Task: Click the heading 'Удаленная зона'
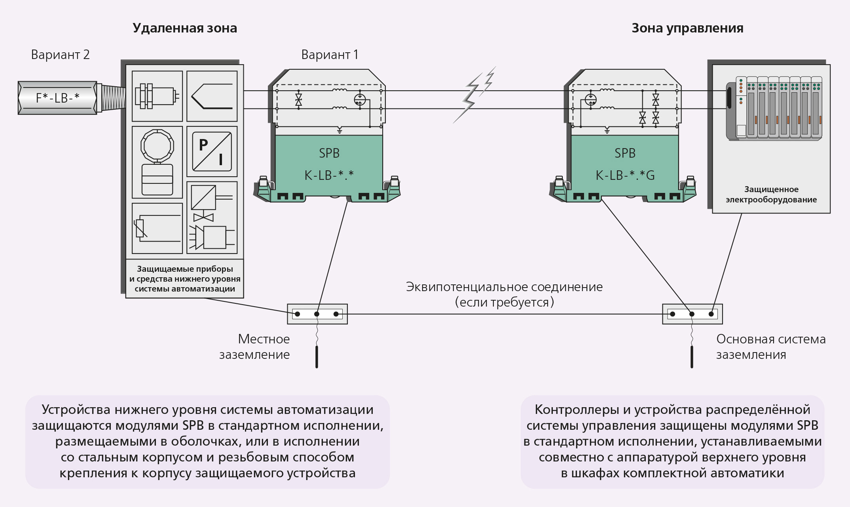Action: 185,28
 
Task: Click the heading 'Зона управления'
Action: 687,28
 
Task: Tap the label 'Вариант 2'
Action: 60,55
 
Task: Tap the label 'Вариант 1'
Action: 330,55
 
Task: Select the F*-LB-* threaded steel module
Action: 58,98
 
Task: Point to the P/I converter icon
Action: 212,151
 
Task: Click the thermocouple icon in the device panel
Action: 212,96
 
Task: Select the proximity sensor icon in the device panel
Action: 157,96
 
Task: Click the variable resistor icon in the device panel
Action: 157,228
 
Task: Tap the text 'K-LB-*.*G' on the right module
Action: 625,175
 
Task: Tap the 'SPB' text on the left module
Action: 329,153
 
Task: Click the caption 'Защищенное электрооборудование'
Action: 771,194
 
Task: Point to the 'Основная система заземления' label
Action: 770,347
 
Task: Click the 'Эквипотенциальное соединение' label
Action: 504,287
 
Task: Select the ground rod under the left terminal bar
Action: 317,356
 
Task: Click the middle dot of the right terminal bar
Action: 692,314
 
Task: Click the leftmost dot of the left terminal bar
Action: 298,314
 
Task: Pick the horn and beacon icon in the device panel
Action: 212,237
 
